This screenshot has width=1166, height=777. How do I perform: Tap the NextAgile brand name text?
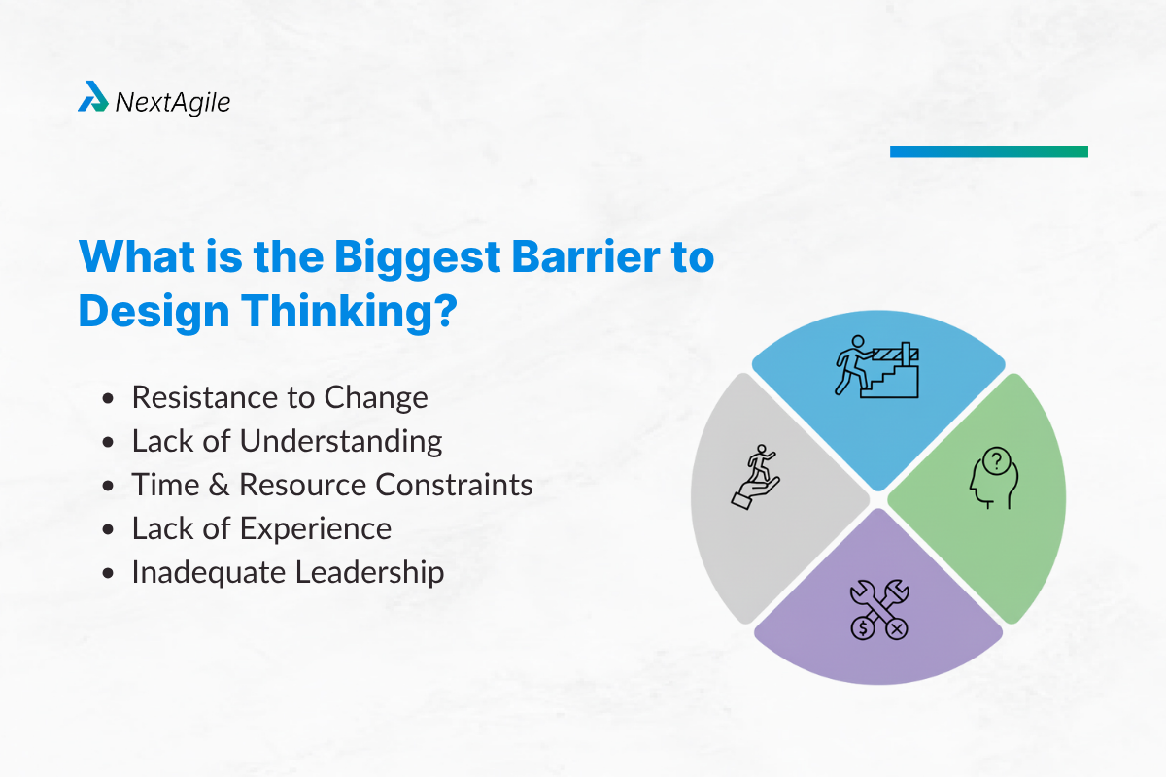click(172, 100)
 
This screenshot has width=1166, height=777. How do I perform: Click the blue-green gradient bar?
click(988, 152)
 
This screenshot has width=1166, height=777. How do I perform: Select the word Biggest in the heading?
click(416, 259)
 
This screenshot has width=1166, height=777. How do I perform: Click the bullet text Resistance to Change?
click(280, 397)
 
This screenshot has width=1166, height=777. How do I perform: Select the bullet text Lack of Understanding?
click(287, 441)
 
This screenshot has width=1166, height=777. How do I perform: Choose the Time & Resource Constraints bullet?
click(332, 485)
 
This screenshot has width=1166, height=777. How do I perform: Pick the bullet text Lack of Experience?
click(261, 528)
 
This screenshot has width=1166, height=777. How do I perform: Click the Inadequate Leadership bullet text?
click(288, 572)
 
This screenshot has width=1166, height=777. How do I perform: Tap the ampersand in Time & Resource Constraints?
click(221, 485)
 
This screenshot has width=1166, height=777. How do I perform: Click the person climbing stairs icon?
click(877, 366)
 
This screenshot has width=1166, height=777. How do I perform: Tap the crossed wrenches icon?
click(877, 609)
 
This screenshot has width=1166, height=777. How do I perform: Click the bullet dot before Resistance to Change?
click(110, 398)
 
